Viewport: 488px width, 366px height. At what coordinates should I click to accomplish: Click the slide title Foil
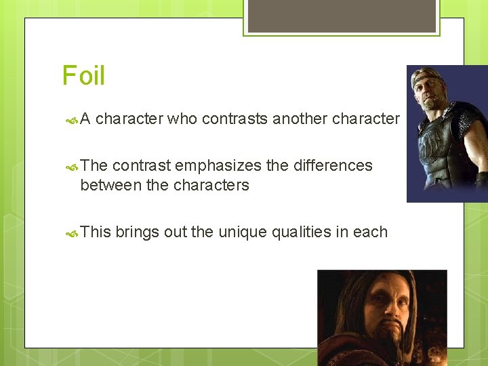tap(83, 75)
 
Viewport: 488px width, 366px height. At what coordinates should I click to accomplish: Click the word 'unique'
tap(242, 232)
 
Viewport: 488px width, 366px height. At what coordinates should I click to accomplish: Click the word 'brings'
tap(137, 232)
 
